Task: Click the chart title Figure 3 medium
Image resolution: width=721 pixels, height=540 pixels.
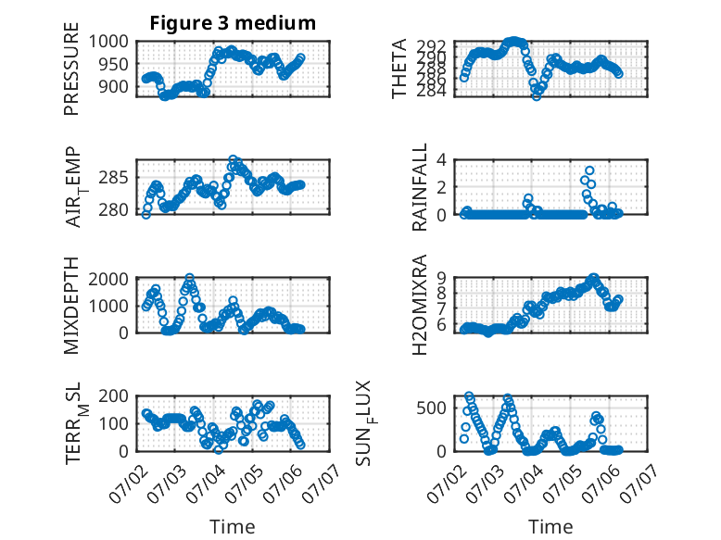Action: coord(233,23)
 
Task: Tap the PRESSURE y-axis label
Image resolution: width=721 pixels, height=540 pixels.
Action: coord(71,69)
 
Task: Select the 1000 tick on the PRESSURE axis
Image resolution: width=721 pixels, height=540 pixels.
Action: coord(108,42)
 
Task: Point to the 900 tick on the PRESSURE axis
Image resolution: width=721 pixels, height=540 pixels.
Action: coord(114,86)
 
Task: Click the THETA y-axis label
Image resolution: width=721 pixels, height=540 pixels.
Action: coord(399,69)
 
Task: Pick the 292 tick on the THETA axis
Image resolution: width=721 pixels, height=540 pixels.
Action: coord(431,46)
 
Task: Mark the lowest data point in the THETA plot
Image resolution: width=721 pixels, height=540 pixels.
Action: coord(537,96)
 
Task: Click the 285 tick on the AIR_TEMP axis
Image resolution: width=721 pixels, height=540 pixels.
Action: coord(114,178)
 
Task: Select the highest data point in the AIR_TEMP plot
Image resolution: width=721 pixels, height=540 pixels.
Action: coord(234,159)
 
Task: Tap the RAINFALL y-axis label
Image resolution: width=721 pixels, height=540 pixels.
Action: coord(420,187)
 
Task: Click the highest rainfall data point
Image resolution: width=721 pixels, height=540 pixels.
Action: coord(589,170)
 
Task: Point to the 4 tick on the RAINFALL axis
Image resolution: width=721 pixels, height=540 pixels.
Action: coord(441,160)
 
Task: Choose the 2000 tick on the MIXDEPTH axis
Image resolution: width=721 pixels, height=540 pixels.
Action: coord(108,279)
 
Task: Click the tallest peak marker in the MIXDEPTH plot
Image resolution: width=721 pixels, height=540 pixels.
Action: coord(189,278)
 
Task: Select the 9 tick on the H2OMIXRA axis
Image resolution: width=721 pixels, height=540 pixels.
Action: coord(441,278)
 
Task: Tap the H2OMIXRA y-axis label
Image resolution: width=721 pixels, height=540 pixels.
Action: coord(420,305)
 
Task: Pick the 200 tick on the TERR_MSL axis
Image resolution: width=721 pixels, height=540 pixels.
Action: coord(114,396)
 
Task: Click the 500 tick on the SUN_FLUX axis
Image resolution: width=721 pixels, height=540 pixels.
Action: coord(431,408)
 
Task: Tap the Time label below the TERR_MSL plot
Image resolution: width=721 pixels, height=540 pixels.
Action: coord(233,527)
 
